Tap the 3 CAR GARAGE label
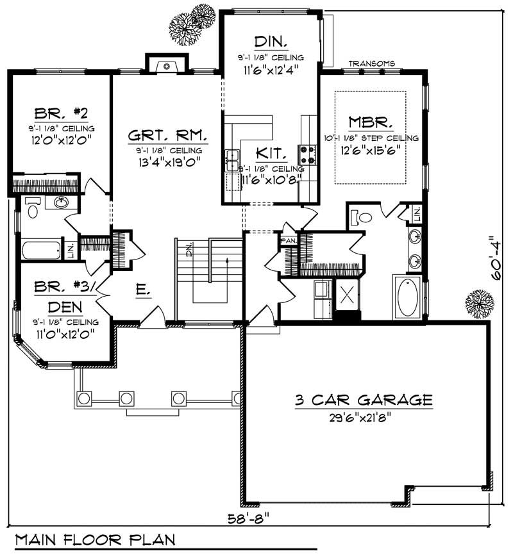point(363,400)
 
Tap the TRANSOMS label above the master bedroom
point(371,63)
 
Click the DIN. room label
point(270,42)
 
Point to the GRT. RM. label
point(167,136)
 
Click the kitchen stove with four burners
point(307,154)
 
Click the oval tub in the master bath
point(408,297)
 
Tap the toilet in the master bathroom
point(362,218)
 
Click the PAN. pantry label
point(288,240)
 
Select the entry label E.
point(142,291)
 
